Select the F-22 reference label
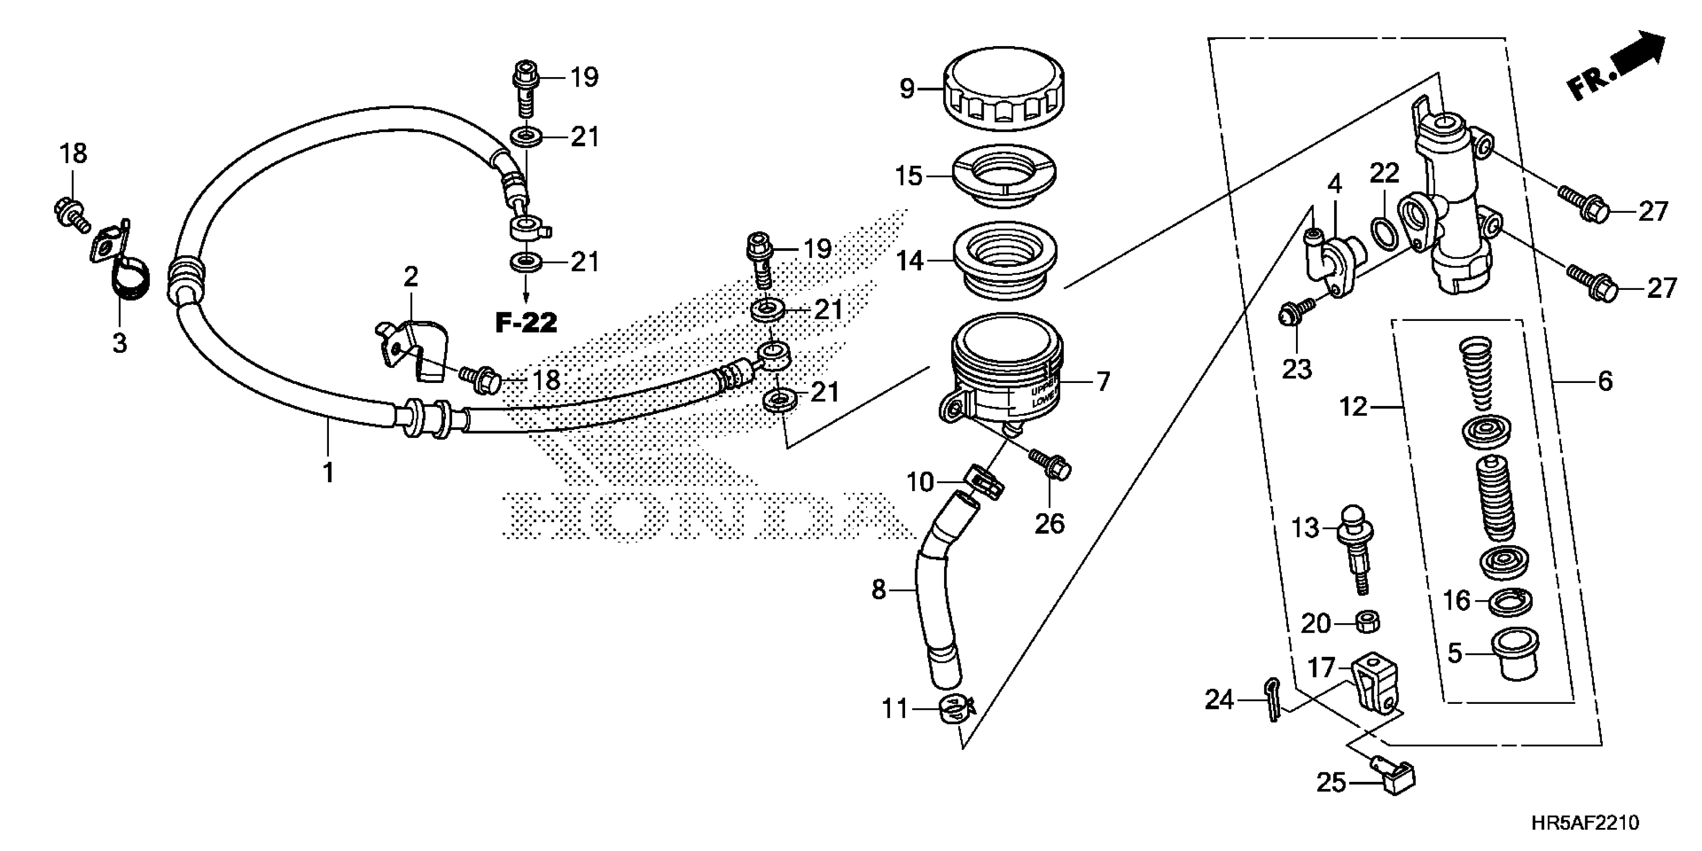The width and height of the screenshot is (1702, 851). click(526, 322)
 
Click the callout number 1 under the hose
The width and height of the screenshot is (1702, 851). click(328, 473)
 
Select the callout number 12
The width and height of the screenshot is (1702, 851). click(1353, 407)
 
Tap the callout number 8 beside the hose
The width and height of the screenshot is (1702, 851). click(878, 589)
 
